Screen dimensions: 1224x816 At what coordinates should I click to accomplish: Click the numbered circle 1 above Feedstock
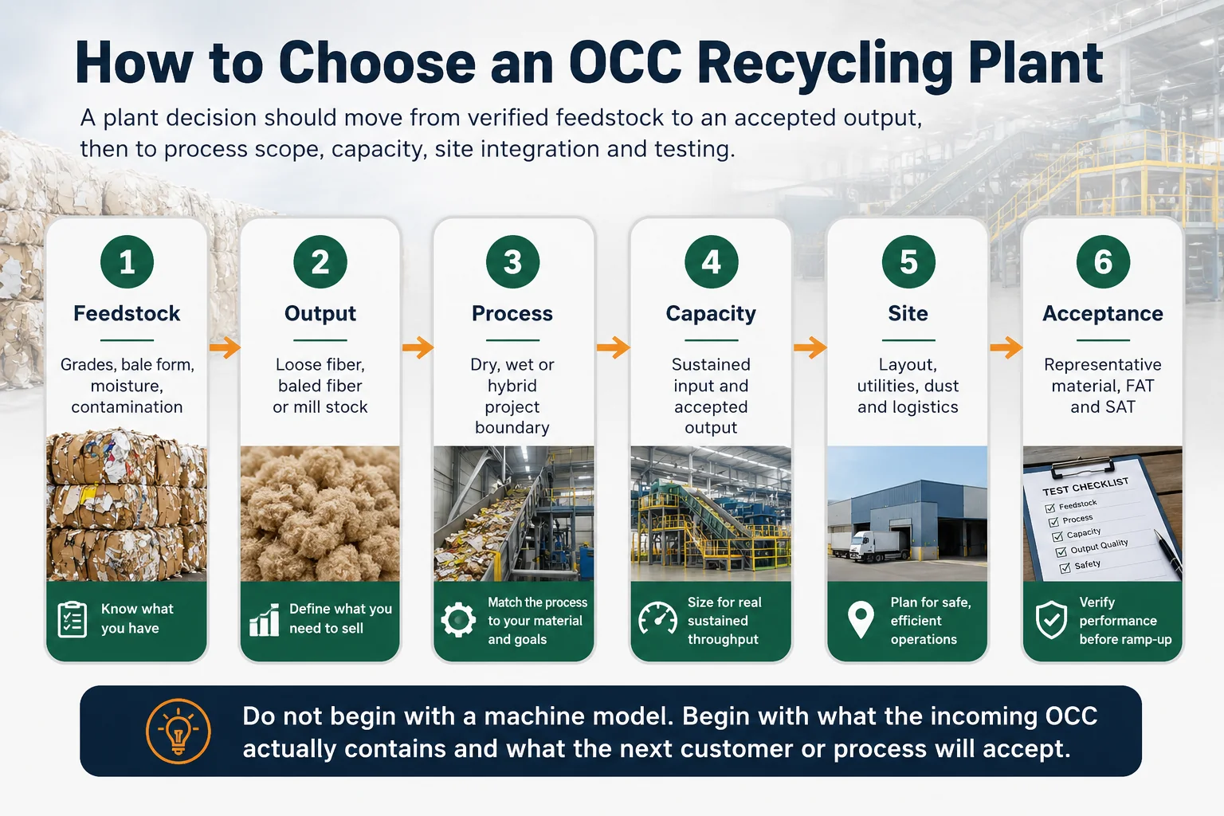pos(127,262)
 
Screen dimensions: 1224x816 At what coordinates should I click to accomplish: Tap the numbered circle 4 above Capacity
pos(711,262)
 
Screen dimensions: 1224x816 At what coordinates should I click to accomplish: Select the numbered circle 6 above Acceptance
pos(1103,262)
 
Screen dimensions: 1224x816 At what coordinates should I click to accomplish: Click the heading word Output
pos(320,314)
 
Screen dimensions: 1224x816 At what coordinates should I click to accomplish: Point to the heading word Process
pos(512,313)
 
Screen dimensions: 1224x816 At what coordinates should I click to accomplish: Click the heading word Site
pos(908,313)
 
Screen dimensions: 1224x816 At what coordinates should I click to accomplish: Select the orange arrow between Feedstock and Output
pos(225,347)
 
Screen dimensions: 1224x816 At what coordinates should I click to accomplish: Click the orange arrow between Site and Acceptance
pos(1006,347)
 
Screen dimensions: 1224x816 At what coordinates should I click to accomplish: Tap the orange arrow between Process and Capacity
pos(613,347)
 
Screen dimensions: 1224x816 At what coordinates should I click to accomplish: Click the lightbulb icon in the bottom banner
pos(178,732)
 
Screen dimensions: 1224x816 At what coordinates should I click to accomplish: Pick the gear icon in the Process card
pos(458,620)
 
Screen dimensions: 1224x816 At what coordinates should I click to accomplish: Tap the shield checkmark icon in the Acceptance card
pos(1051,620)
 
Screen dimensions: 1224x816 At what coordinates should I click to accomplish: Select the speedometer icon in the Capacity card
pos(657,618)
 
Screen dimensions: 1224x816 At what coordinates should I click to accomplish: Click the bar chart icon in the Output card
pos(265,620)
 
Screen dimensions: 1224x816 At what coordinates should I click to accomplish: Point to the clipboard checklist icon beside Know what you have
pos(73,620)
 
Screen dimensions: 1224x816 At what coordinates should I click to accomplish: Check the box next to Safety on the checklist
pos(1065,568)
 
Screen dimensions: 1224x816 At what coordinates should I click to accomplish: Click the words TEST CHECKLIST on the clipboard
pos(1085,486)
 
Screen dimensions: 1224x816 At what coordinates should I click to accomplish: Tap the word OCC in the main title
pos(626,63)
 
